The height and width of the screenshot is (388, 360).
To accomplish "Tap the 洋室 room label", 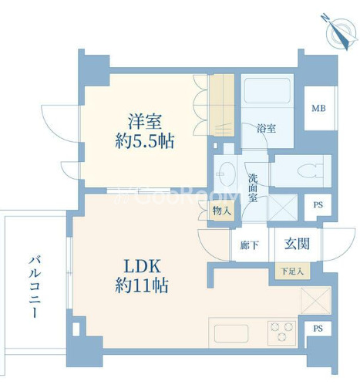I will point(145,122).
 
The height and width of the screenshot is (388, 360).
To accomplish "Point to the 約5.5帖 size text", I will point(145,143).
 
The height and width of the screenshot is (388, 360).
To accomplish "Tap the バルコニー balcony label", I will point(35,287).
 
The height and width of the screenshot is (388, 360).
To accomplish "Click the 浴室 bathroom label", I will point(267,130).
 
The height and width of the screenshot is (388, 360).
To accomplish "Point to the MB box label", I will point(318,107).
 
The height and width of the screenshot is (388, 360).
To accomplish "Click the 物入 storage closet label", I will point(221,211).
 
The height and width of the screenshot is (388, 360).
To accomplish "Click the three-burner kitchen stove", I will point(281,333).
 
